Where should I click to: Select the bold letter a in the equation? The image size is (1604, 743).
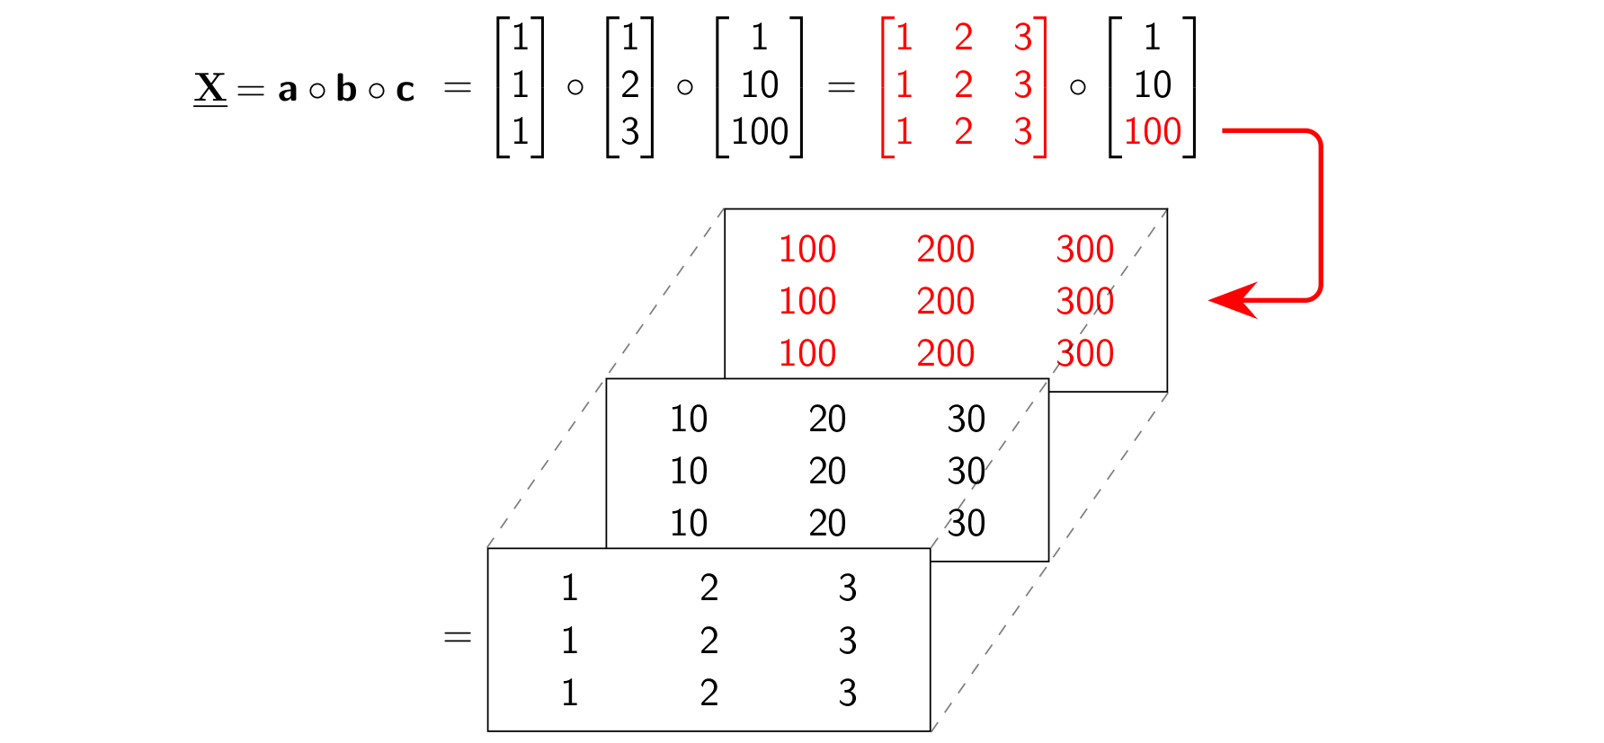[x=288, y=90]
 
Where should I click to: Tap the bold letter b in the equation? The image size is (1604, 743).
[x=346, y=88]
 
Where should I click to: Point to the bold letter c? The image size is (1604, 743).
[x=405, y=90]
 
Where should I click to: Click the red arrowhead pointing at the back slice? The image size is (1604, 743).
[x=1234, y=300]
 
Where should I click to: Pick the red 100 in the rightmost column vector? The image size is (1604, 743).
[x=1153, y=132]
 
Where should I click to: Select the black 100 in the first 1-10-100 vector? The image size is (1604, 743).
[x=760, y=132]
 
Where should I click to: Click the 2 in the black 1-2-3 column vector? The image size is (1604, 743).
[x=630, y=85]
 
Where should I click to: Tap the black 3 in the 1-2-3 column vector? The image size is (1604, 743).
[x=630, y=132]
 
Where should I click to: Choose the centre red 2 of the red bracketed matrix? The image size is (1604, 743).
[x=964, y=85]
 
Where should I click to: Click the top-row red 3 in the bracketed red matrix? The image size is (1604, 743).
[x=1023, y=38]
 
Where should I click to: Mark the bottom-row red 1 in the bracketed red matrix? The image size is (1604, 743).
[x=904, y=132]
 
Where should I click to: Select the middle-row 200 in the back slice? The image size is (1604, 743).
[x=946, y=301]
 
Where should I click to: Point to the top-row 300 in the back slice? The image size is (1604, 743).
[x=1085, y=249]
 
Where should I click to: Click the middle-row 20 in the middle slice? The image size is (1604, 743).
[x=827, y=471]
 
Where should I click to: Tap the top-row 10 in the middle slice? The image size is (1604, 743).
[x=689, y=419]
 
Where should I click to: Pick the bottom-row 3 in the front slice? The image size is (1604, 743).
[x=848, y=693]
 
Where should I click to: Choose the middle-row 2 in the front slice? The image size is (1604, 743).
[x=709, y=641]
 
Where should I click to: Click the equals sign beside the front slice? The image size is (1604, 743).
[x=458, y=638]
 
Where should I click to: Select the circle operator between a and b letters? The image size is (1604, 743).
[x=316, y=91]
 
